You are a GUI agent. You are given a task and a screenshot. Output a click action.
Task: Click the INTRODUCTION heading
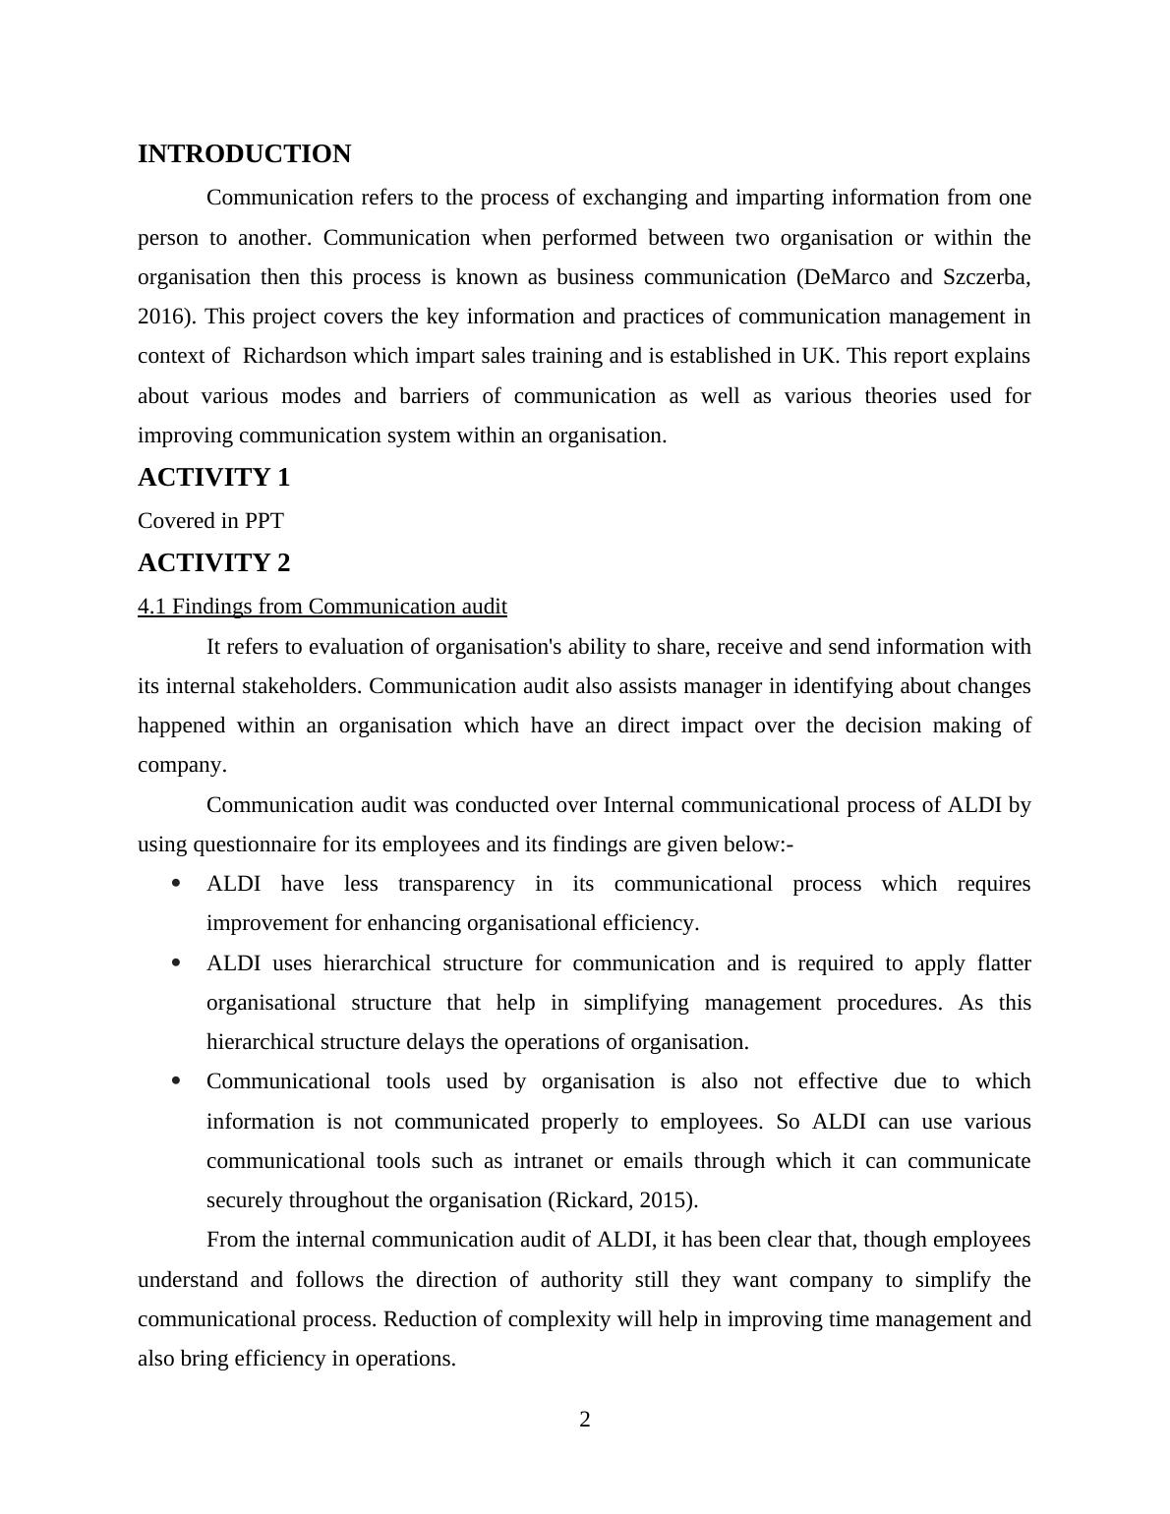(x=244, y=154)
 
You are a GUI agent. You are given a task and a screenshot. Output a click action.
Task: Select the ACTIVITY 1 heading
(x=213, y=478)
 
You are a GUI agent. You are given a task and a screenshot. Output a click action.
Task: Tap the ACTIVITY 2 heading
(x=213, y=563)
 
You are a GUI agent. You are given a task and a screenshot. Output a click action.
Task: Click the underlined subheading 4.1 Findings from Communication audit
(x=322, y=607)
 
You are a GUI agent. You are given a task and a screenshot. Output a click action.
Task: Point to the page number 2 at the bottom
(x=585, y=1420)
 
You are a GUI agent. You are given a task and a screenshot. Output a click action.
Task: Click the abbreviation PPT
(x=264, y=521)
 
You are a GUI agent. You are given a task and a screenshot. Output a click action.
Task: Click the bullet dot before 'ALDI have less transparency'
(x=177, y=884)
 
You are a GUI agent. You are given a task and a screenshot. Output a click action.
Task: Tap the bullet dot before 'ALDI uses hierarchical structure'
(x=177, y=963)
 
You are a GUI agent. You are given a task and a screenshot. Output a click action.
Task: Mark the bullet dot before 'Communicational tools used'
(x=177, y=1081)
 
